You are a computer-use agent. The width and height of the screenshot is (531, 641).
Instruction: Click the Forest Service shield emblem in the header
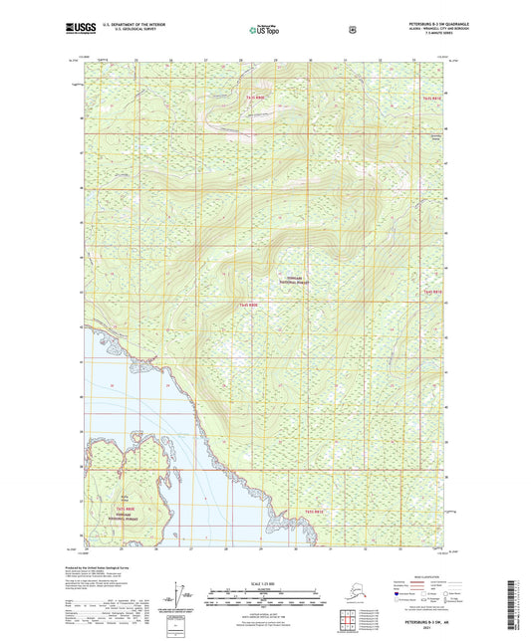(x=352, y=29)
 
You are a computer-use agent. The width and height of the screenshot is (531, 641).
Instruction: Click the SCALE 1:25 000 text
(x=265, y=581)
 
